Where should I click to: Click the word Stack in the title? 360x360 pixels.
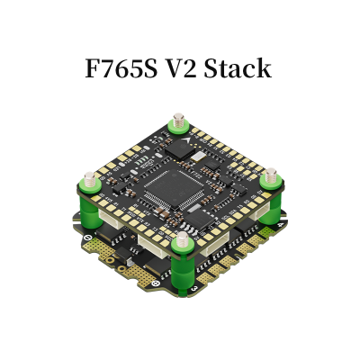(x=238, y=68)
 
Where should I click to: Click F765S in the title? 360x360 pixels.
(x=121, y=68)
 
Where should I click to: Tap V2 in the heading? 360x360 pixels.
(x=180, y=68)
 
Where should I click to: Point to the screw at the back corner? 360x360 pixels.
(x=178, y=120)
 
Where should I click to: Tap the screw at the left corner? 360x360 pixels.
(x=89, y=178)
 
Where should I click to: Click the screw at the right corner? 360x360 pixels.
(x=271, y=175)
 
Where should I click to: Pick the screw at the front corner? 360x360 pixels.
(x=182, y=238)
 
